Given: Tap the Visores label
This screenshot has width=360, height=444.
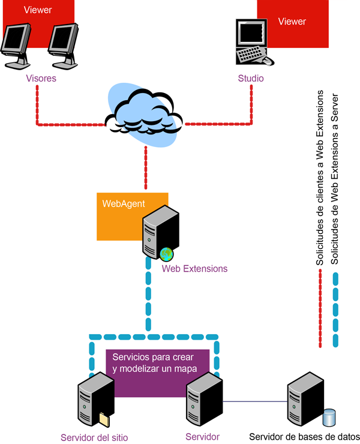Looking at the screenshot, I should coord(41,79).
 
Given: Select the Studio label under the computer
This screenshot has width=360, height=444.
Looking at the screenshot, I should coord(250,79).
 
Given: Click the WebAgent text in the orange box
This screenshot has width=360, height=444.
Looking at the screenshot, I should coord(123,203).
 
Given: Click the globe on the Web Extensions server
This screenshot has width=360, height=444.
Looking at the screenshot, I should coord(166,254).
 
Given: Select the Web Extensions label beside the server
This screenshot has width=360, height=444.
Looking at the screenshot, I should coord(194,269).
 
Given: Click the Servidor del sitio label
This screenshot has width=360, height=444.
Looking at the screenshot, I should coord(94,437).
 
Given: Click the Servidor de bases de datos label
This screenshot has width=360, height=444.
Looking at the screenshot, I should coord(304,436).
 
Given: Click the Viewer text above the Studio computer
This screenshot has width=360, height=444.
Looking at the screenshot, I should coord(292,22).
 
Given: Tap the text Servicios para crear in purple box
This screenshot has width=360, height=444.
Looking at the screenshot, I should coord(152,358).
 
